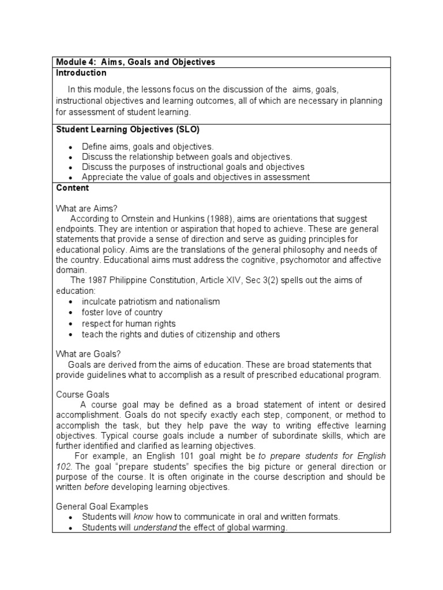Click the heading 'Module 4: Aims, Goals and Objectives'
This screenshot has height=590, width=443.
pyautogui.click(x=135, y=62)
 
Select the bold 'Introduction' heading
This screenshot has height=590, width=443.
pyautogui.click(x=81, y=73)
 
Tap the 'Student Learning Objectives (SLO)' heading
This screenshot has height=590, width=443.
pyautogui.click(x=127, y=130)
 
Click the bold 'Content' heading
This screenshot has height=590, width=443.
pyautogui.click(x=73, y=188)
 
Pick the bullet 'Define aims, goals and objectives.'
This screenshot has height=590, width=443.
pyautogui.click(x=148, y=147)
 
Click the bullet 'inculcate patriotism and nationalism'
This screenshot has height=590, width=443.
pyautogui.click(x=151, y=302)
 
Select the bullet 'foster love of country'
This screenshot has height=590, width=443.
pyautogui.click(x=122, y=313)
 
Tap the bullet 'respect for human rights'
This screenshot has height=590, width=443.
pyautogui.click(x=129, y=324)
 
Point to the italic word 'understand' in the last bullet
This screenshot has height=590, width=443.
pyautogui.click(x=155, y=528)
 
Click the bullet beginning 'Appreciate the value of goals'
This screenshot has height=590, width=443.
pyautogui.click(x=196, y=177)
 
